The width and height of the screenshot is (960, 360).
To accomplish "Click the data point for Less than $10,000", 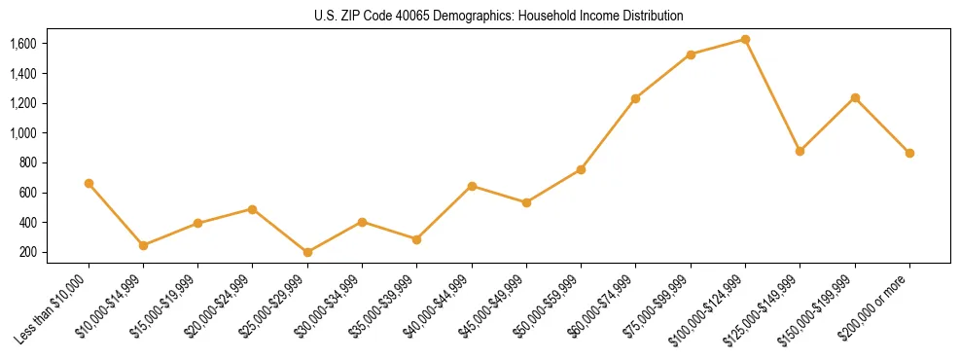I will tap(89, 183).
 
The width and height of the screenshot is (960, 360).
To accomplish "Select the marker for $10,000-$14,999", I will tap(143, 245).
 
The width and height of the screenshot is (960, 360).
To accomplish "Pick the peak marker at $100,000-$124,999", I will tap(745, 39).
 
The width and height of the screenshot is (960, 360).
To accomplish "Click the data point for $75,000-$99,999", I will tap(691, 54).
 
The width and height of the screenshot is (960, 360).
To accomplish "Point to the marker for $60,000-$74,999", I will tap(635, 98).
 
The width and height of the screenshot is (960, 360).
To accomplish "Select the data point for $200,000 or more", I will tap(909, 153).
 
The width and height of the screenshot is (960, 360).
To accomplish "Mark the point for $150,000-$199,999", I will tap(855, 97).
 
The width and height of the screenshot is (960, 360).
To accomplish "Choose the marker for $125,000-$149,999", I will tap(800, 151).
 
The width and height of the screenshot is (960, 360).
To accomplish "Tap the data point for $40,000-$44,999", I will tap(472, 186).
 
